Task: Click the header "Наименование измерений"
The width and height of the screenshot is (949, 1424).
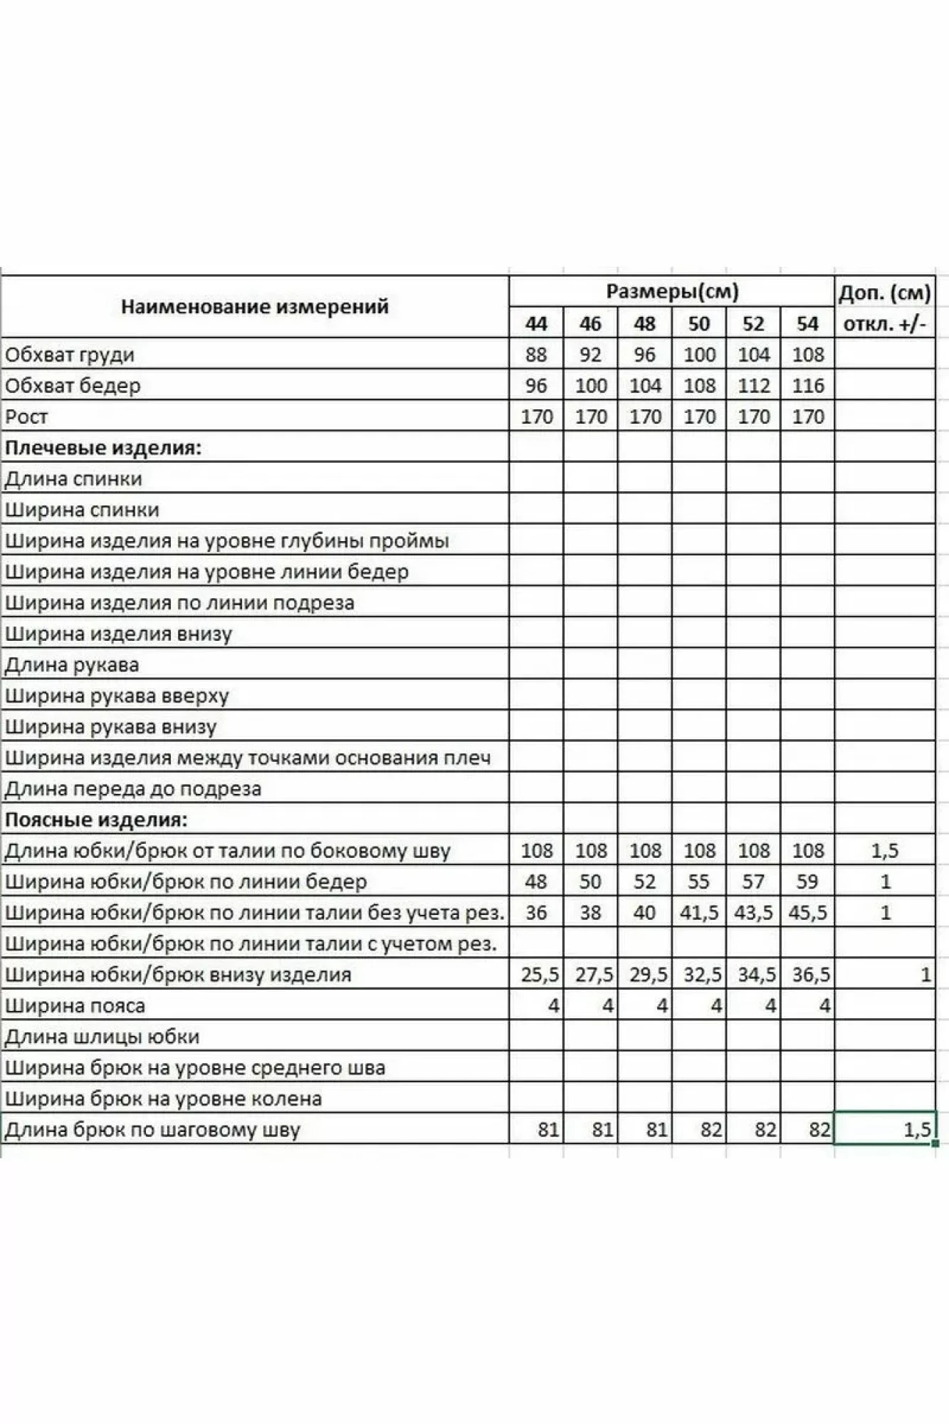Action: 254,307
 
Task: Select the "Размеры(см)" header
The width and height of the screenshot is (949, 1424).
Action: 672,291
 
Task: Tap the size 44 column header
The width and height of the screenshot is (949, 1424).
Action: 536,324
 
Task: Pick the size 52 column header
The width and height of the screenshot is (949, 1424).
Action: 753,324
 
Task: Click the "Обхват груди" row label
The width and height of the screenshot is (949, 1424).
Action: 70,355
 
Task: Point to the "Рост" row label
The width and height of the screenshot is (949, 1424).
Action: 26,417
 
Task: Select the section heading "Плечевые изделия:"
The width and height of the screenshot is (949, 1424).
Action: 103,448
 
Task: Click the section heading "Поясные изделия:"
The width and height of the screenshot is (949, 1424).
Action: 96,820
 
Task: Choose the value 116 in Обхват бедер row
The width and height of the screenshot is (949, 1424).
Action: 807,386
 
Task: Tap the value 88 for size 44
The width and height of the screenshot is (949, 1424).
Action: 536,355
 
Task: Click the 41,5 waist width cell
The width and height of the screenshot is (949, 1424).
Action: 699,913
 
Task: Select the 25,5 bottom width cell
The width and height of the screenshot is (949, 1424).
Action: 540,975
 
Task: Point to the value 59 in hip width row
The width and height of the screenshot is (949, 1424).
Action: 807,881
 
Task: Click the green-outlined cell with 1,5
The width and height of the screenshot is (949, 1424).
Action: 884,1129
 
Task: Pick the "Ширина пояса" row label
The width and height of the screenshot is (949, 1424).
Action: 75,1006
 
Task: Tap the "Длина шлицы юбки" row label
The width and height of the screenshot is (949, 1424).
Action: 102,1037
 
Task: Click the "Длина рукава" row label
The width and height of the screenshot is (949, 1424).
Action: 72,665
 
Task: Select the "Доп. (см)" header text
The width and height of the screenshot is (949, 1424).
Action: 884,293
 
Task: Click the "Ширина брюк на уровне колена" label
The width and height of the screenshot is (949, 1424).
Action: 163,1099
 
